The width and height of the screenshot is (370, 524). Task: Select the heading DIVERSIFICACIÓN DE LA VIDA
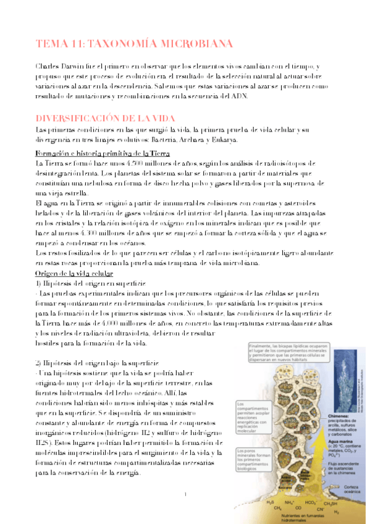click(x=106, y=117)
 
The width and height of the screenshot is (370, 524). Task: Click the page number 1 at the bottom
click(x=185, y=494)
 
